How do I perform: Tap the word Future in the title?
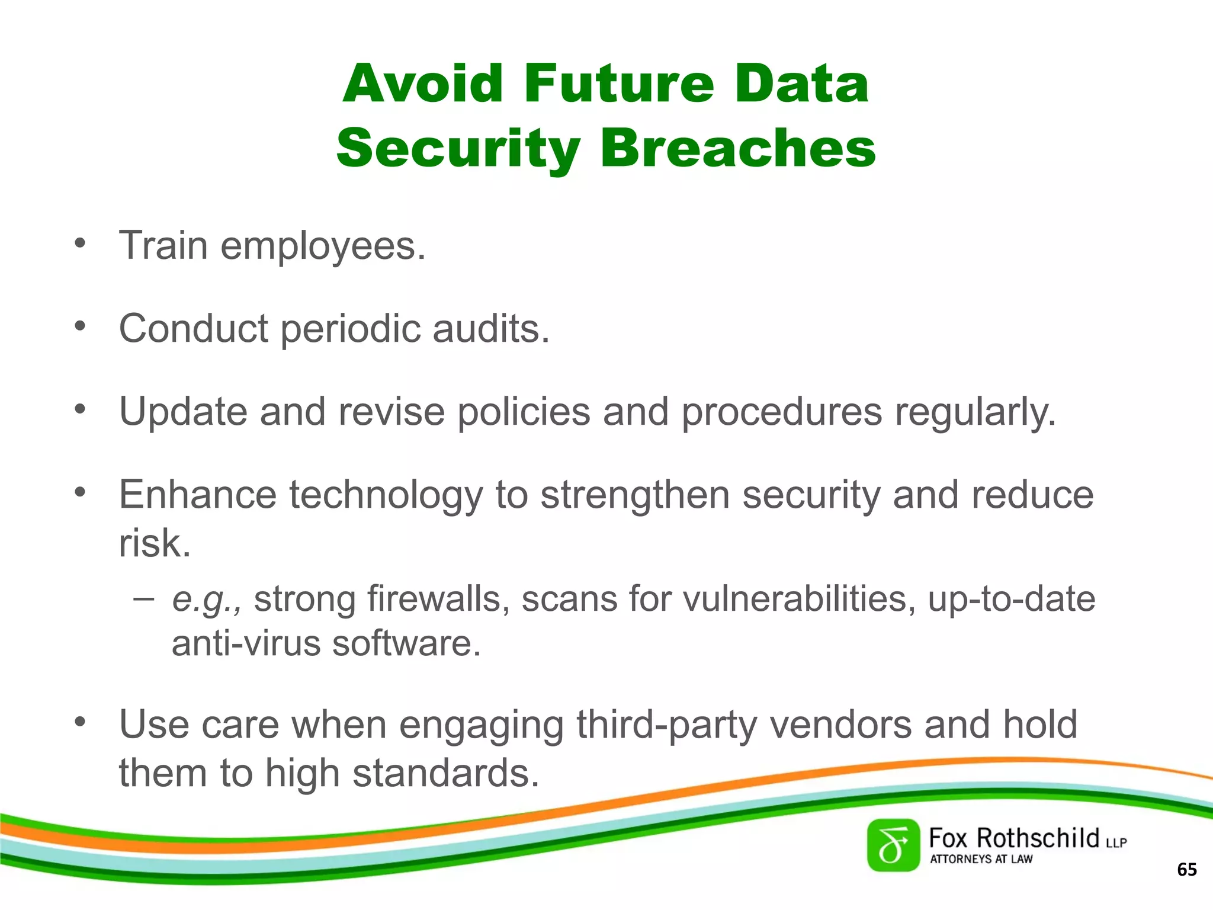pos(618,84)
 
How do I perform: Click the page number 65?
pos(1187,870)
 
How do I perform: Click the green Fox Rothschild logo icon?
pos(893,845)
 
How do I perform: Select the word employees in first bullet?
pos(323,246)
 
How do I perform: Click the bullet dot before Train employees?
pos(81,243)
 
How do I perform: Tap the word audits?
pos(490,329)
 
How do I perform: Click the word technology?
pos(386,495)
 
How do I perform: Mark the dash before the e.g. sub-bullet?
pos(143,598)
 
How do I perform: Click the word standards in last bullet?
pos(445,773)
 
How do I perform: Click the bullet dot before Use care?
pos(81,722)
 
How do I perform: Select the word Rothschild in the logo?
pos(1038,838)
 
